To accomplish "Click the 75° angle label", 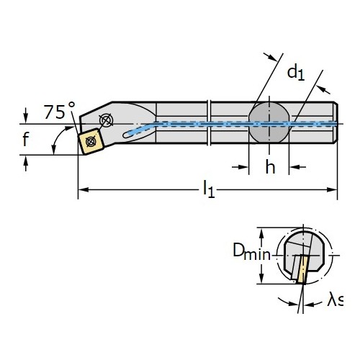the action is (x=60, y=111).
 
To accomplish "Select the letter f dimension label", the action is (x=25, y=139).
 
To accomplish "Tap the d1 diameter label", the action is (x=296, y=73).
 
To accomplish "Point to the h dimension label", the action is (x=270, y=167).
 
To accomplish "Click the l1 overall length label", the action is (x=209, y=189).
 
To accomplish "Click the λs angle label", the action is (x=335, y=300).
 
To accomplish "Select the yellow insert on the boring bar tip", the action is (x=91, y=142).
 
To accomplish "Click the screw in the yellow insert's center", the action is (x=91, y=141).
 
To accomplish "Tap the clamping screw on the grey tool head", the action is (x=106, y=120).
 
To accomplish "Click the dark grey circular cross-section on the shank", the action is (x=269, y=122).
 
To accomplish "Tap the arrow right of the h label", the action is (x=297, y=167).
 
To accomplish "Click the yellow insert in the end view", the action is (x=302, y=269).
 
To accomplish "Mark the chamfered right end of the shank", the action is (x=336, y=122).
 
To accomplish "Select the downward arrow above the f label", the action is (x=26, y=115).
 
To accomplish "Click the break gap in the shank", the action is (x=209, y=122).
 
